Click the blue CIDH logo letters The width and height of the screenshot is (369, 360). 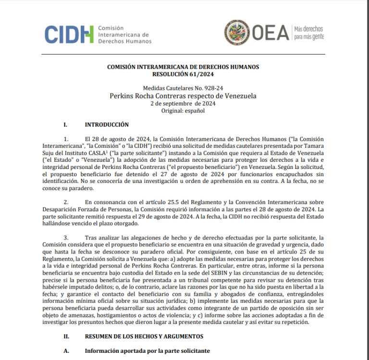(69, 34)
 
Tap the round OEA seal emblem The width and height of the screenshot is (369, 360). (236, 33)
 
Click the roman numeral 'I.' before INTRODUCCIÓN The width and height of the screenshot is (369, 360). (66, 125)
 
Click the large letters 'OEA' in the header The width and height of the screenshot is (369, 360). (270, 33)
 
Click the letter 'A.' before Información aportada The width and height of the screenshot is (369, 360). (67, 351)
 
